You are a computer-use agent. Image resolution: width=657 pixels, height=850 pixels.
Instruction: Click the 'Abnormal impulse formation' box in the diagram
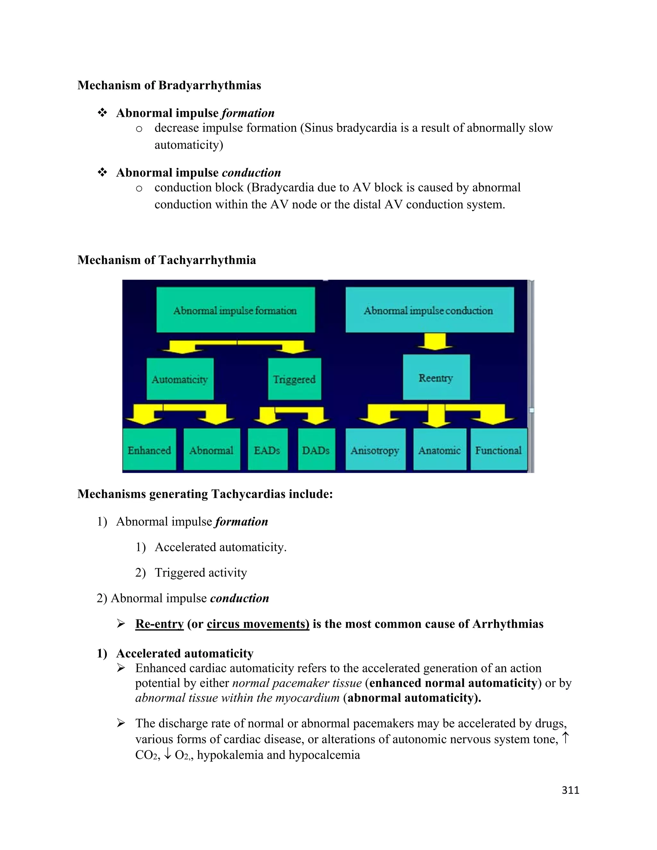pos(235,310)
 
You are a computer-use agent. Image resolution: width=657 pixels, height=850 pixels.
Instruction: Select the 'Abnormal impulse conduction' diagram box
pos(429,310)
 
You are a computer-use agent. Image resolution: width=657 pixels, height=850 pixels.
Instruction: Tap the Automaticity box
pos(180,379)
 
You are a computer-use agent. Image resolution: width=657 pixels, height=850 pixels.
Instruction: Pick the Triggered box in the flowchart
pos(294,379)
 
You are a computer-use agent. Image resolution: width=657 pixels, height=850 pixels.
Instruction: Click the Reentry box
pos(436,377)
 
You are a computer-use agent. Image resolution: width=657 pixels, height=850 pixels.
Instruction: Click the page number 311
pos(570,790)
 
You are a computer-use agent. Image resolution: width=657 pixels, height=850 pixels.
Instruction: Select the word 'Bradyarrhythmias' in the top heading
pos(210,85)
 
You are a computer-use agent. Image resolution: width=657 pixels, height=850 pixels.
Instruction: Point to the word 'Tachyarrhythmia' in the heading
pos(207,260)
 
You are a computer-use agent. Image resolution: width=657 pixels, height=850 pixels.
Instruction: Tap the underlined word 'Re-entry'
pos(159,624)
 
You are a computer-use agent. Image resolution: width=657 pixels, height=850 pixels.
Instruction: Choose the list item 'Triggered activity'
pos(201,573)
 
